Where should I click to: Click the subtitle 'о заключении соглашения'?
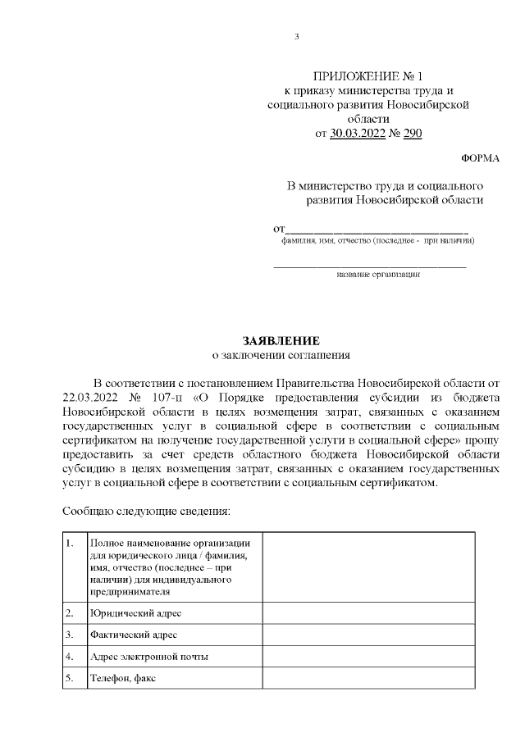pos(281,356)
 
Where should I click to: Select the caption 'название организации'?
pos(378,275)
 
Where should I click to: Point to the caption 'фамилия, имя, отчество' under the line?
pos(377,242)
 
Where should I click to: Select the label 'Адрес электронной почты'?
pos(149,657)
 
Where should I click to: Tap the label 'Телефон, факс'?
pos(123,679)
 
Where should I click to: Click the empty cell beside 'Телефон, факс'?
pos(367,679)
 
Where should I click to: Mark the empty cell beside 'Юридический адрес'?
pos(367,613)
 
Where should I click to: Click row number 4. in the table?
pos(71,657)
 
